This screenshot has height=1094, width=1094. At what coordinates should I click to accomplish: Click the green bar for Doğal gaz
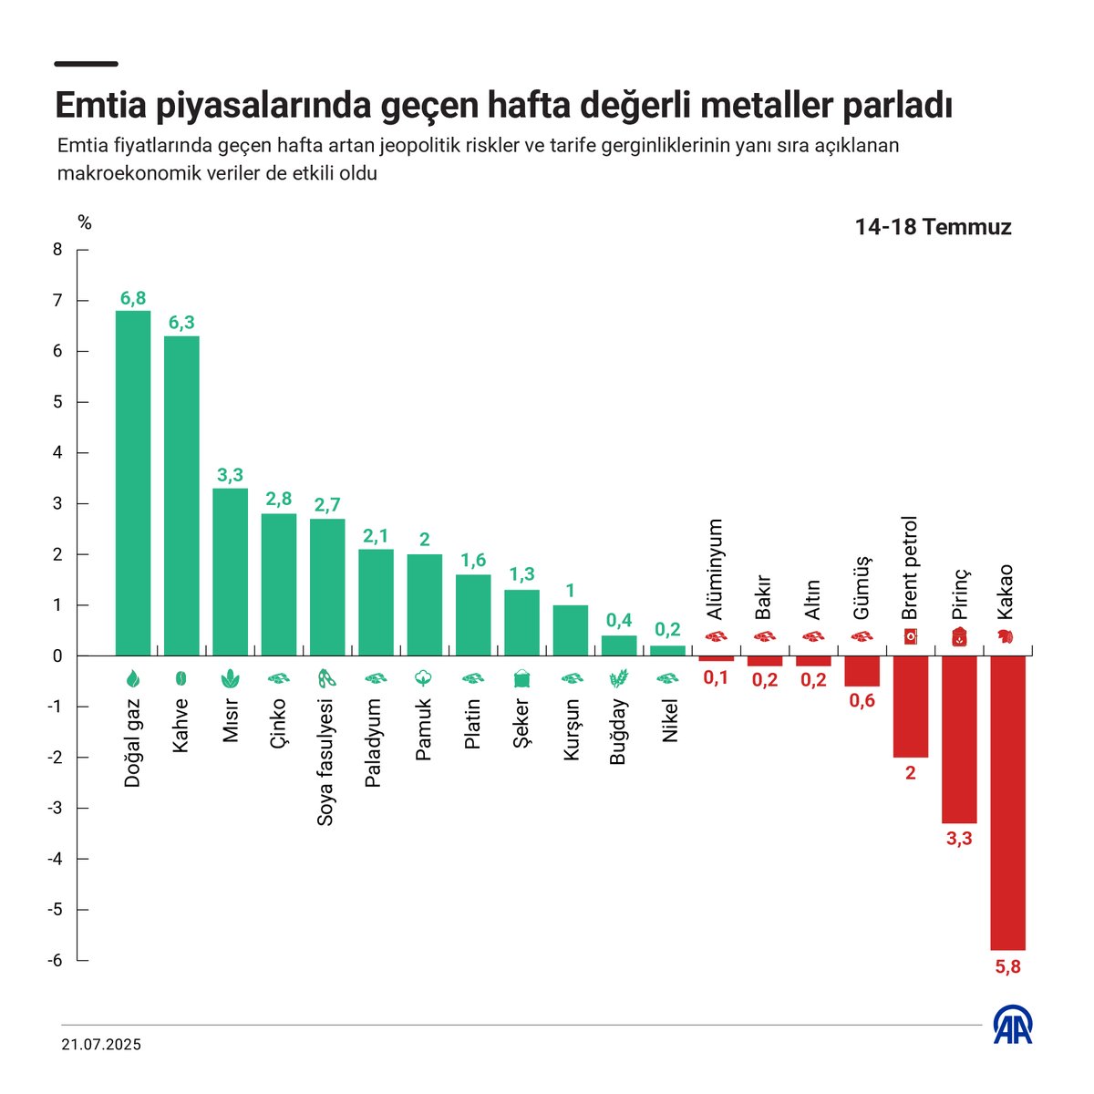[x=133, y=483]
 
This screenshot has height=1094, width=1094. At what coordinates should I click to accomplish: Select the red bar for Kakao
[x=1007, y=802]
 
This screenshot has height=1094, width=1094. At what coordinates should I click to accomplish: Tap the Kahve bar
[x=181, y=496]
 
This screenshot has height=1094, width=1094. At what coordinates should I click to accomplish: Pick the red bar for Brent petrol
[x=910, y=707]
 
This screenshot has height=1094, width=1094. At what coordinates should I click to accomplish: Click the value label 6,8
[x=133, y=298]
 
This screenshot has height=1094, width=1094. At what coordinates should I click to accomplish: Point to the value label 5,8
[x=1007, y=967]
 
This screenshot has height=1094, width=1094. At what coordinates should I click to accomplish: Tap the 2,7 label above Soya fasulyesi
[x=327, y=505]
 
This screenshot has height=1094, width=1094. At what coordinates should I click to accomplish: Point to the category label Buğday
[x=618, y=731]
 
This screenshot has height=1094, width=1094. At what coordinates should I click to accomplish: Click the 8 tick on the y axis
[x=57, y=250]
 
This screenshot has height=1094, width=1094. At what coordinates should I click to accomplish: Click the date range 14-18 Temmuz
[x=933, y=227]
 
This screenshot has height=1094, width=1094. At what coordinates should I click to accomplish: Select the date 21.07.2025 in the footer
[x=101, y=1046]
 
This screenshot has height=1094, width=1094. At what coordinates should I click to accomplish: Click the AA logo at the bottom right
[x=1012, y=1027]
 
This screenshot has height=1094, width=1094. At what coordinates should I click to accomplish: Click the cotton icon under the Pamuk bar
[x=424, y=678]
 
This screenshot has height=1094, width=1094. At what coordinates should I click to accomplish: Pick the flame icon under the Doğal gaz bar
[x=133, y=678]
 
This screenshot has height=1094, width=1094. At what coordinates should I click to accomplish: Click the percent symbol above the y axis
[x=85, y=222]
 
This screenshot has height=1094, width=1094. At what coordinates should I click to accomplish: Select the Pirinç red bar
[x=959, y=739]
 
